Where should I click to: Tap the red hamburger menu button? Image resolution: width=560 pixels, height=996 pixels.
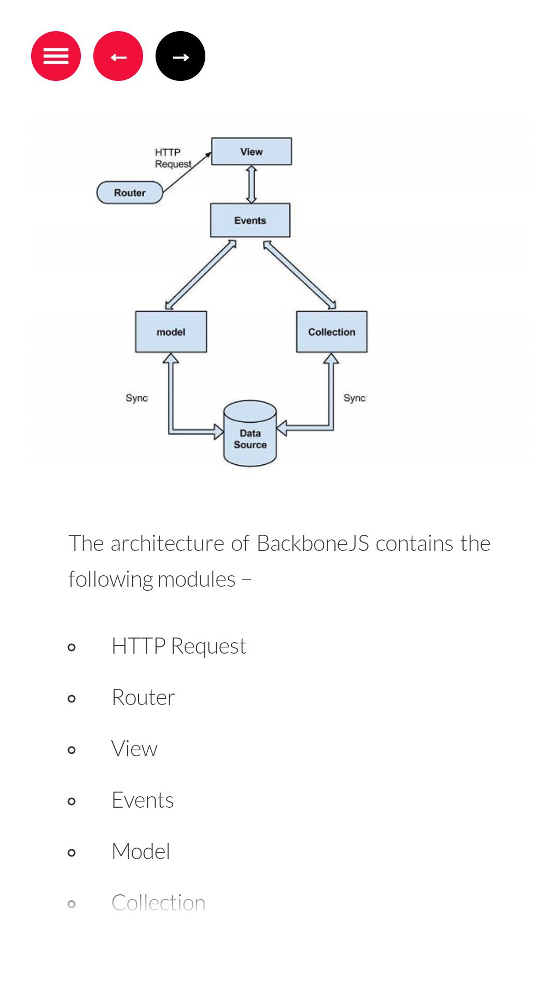tap(56, 56)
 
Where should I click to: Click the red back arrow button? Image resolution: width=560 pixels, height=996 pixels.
tap(118, 56)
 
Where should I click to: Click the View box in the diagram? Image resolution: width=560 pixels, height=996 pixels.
tap(251, 151)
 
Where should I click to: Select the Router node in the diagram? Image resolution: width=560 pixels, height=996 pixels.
tap(130, 192)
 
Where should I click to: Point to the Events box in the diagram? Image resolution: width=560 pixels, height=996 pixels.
tap(250, 220)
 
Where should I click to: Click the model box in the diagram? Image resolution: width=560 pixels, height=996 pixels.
tap(171, 332)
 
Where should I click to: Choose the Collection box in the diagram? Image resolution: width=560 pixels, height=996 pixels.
tap(332, 332)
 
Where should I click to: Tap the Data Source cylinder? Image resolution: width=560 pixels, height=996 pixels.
tap(250, 434)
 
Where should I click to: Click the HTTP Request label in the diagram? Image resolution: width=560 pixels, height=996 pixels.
tap(173, 158)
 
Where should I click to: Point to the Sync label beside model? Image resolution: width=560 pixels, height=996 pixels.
tap(137, 398)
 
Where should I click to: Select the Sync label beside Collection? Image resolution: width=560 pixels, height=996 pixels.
tap(355, 398)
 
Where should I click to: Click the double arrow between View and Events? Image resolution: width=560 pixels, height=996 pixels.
tap(251, 184)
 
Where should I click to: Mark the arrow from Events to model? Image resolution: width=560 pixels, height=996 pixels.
tap(201, 274)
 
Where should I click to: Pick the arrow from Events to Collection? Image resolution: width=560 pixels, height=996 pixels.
tap(300, 275)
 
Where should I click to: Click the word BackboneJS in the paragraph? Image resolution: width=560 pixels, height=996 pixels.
tap(313, 543)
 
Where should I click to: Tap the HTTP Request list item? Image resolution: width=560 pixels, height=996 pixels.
tap(179, 646)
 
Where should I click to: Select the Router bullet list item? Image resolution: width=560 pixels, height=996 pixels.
tap(144, 697)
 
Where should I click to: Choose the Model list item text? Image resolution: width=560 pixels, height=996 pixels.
tap(141, 851)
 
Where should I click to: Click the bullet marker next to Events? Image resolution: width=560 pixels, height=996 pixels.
tap(72, 801)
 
